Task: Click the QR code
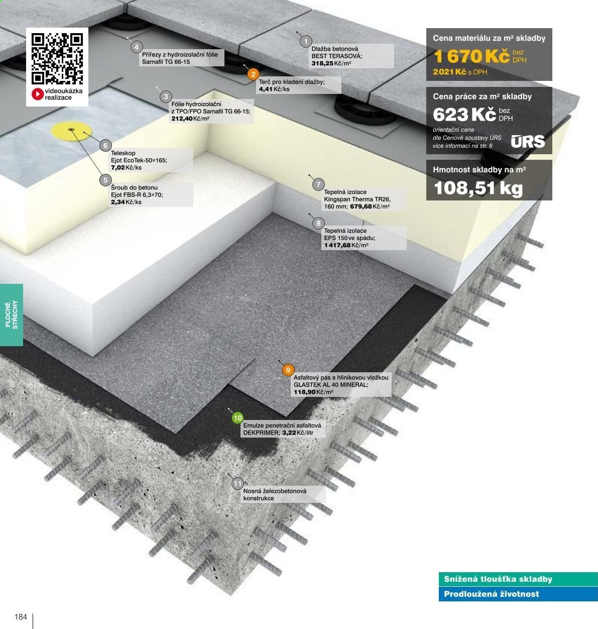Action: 57,59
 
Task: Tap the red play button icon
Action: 38,94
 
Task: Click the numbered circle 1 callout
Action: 306,41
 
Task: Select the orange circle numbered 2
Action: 253,74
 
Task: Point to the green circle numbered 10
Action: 237,418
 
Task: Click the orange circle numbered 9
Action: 288,370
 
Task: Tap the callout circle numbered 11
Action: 237,483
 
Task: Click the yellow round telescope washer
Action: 71,131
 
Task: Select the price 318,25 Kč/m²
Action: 331,63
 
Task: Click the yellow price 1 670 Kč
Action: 471,56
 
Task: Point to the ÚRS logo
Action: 528,141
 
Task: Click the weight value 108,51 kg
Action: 478,188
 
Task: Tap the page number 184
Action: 21,617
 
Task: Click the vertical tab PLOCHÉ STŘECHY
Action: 11,315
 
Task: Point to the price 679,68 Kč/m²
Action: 370,206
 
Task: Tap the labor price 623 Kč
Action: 464,115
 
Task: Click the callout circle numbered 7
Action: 318,184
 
